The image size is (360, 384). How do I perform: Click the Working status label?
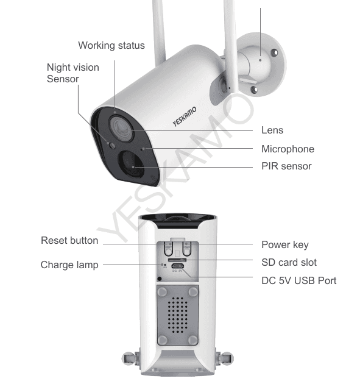tap(111, 46)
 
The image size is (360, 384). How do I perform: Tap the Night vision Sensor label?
tap(73, 73)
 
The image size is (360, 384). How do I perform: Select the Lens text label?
tap(272, 130)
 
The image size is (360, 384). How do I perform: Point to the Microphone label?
tap(288, 149)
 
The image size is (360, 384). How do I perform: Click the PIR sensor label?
tap(286, 166)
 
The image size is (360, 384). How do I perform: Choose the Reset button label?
tap(69, 240)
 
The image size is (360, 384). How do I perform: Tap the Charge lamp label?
tap(69, 265)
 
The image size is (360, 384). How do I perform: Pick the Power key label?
tap(285, 244)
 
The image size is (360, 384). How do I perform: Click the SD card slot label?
tap(289, 262)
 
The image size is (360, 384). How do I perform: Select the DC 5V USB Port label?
tap(299, 280)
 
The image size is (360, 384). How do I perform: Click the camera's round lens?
tap(121, 129)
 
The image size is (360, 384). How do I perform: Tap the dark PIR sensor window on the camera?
tap(130, 163)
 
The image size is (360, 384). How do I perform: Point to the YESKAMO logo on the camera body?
tap(185, 116)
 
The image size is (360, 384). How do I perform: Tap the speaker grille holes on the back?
tap(177, 315)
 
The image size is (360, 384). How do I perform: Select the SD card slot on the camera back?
tap(177, 260)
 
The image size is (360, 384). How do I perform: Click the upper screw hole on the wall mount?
tap(275, 52)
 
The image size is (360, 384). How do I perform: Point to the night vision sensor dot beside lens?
tap(112, 146)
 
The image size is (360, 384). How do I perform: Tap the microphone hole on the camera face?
tap(143, 149)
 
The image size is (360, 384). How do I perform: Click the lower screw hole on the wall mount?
tap(254, 90)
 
